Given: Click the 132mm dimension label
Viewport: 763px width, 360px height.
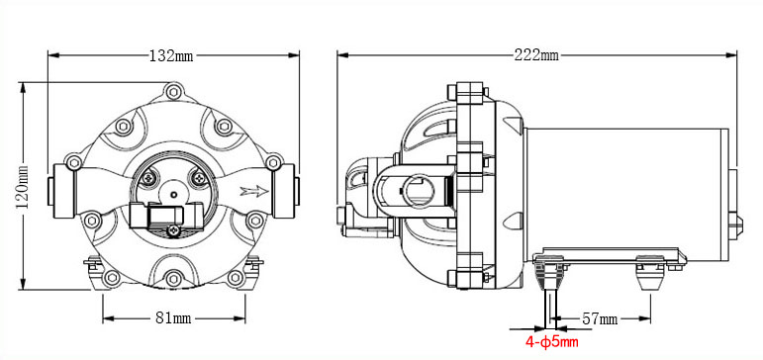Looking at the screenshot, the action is click(171, 56).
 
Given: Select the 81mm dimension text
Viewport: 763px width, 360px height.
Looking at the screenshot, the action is click(173, 318).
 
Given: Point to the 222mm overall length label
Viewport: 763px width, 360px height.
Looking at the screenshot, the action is click(536, 55).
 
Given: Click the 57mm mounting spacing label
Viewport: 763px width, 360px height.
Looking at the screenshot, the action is click(600, 319).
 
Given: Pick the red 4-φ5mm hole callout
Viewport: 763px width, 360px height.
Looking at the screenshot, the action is click(552, 342).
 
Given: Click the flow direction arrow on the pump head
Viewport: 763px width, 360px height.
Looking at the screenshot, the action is click(254, 191).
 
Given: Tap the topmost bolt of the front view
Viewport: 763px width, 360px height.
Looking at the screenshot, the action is click(173, 91).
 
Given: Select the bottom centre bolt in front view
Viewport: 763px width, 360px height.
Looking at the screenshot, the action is click(174, 279).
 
